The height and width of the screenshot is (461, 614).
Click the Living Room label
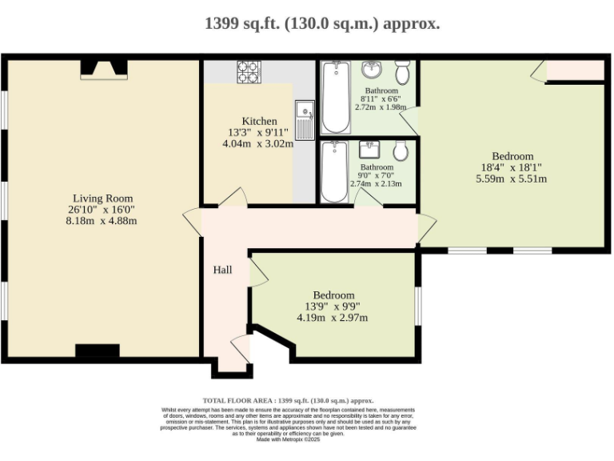coord(102,198)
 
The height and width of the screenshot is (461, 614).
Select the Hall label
coord(222,270)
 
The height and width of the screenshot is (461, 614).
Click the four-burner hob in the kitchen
coord(249,71)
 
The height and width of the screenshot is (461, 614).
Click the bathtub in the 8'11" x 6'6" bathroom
coord(336,98)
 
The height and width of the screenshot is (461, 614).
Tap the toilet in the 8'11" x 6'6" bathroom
coord(402,73)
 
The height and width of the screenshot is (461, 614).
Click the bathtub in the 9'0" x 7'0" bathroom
coord(333,170)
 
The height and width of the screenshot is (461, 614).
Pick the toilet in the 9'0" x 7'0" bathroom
coord(401,150)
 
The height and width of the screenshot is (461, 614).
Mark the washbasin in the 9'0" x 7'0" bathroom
coord(369,149)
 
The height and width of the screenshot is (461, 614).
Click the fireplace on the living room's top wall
coord(101,71)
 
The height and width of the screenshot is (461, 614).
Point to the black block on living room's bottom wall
coord(97,351)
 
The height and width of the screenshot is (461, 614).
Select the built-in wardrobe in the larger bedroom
coord(575,71)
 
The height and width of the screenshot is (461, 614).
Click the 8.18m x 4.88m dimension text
coord(102,221)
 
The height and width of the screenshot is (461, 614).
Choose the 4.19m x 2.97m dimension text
coord(332,318)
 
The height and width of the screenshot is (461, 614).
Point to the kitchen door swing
coord(233,197)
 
